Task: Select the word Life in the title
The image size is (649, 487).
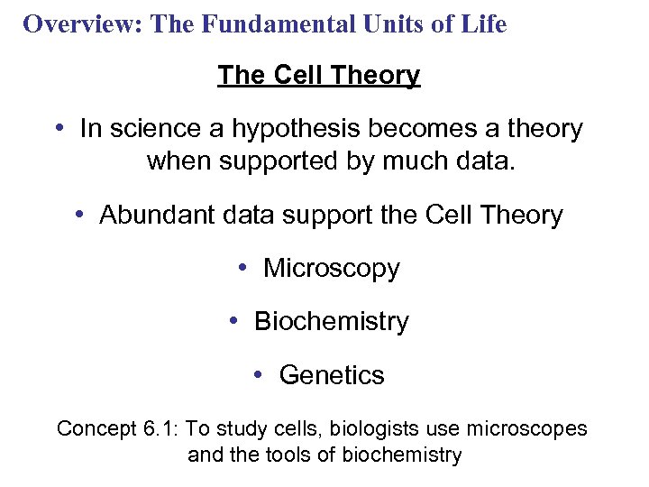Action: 486,24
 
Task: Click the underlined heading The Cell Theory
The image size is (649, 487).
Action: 318,76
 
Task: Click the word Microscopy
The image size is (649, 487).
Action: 331,269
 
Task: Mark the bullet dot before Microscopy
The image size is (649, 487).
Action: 244,268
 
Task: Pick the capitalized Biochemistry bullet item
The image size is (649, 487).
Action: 331,322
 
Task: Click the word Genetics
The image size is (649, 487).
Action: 332,375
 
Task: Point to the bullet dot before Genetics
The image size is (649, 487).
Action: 260,374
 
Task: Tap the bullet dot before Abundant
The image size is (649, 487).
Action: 80,215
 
